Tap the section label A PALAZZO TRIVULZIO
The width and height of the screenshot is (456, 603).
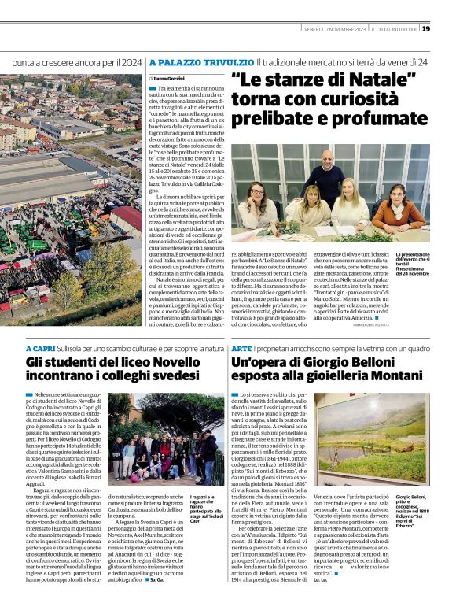tap(201, 61)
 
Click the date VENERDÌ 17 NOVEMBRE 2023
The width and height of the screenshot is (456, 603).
tap(334, 29)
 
